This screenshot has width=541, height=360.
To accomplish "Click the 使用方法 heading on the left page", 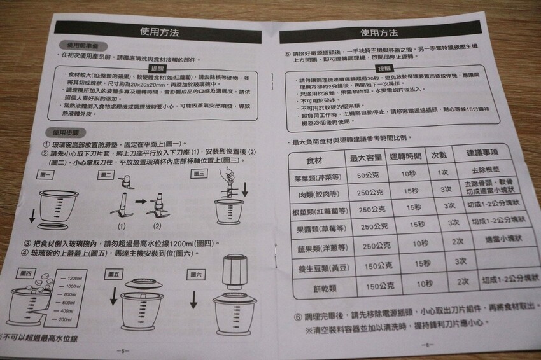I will point(162,31).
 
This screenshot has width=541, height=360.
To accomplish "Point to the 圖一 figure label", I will point(46,174).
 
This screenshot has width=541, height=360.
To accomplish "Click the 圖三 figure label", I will point(199,173).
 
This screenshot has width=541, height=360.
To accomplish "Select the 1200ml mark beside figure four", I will point(74,278).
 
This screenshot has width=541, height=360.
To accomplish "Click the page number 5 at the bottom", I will point(122,350).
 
